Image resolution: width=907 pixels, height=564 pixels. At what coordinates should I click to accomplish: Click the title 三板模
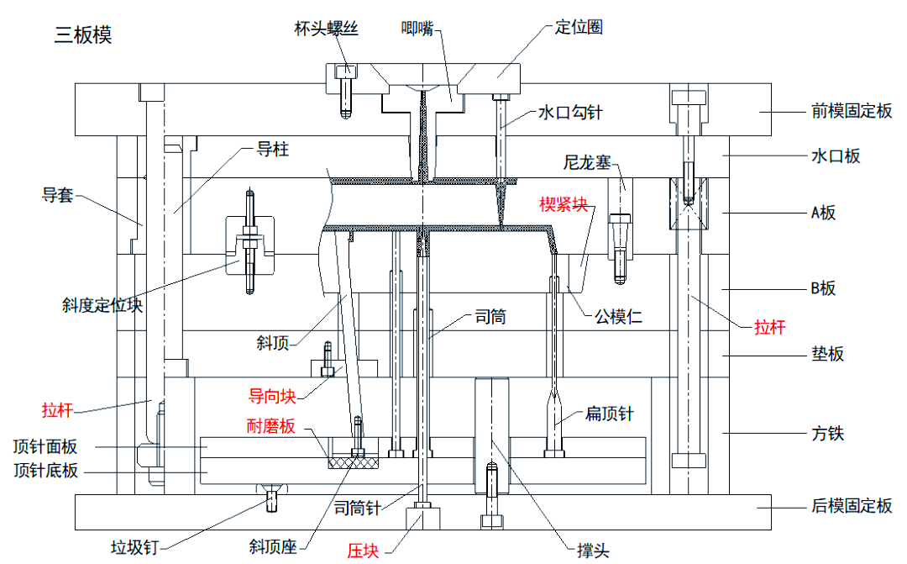coord(82,35)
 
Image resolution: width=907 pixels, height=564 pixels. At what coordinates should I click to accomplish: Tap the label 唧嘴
coord(417,28)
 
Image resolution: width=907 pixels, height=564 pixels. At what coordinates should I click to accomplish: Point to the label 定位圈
coord(579,27)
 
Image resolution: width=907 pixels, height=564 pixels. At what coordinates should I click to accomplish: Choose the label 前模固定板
coord(851,111)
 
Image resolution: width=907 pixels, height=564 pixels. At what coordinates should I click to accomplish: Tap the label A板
coord(823,213)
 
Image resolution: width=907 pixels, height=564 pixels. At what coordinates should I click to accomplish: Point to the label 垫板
coord(826,354)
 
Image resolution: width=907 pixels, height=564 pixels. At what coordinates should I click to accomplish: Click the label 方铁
coord(826,434)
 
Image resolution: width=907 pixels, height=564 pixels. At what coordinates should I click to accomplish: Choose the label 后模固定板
coord(851,505)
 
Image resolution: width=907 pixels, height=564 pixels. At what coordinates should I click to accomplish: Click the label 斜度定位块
coord(102,304)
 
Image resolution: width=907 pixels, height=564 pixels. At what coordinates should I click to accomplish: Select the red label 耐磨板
coord(270,427)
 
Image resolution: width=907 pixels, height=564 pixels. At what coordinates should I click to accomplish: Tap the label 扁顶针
coord(609,414)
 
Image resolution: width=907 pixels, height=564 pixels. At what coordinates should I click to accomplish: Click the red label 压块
coord(364,551)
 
